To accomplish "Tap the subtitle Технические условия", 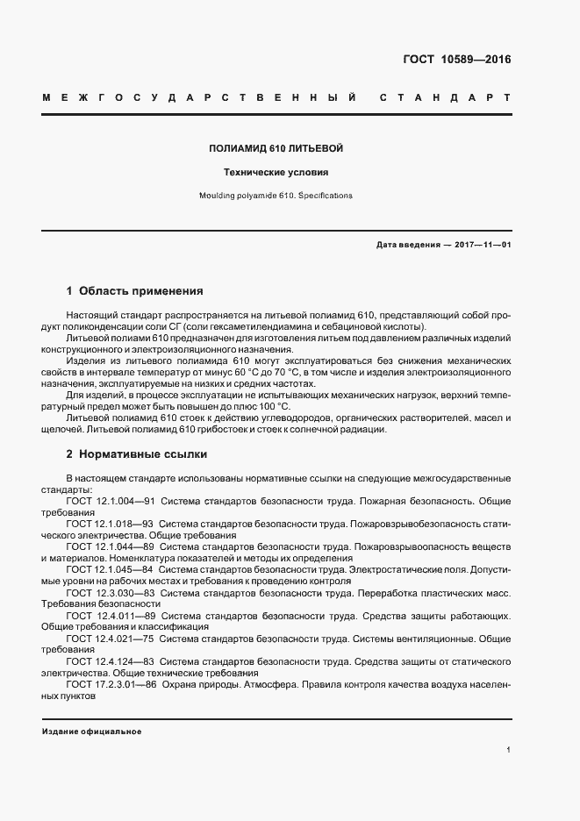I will pos(276,173).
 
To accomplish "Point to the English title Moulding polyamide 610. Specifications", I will pos(276,196).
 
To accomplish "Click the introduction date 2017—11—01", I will pos(483,245).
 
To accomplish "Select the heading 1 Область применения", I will pos(135,290).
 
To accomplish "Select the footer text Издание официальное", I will pos(91,732).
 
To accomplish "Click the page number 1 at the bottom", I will pos(508,750).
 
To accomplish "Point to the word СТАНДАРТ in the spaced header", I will pos(444,96).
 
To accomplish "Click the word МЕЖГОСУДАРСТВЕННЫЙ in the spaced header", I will pos(198,96).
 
